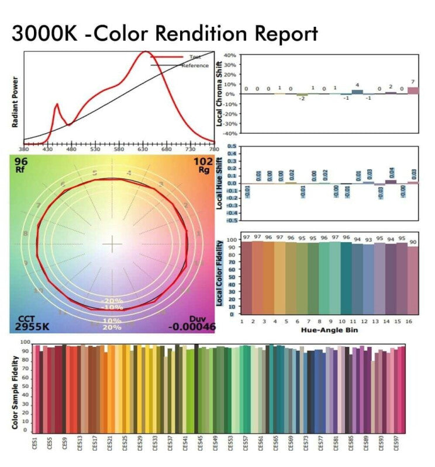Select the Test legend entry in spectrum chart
point(195,57)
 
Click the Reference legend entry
point(195,65)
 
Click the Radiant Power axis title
point(15,102)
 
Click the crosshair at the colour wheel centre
point(112,244)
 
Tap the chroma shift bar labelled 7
point(413,90)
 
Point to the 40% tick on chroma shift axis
point(229,55)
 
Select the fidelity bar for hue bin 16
point(413,280)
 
